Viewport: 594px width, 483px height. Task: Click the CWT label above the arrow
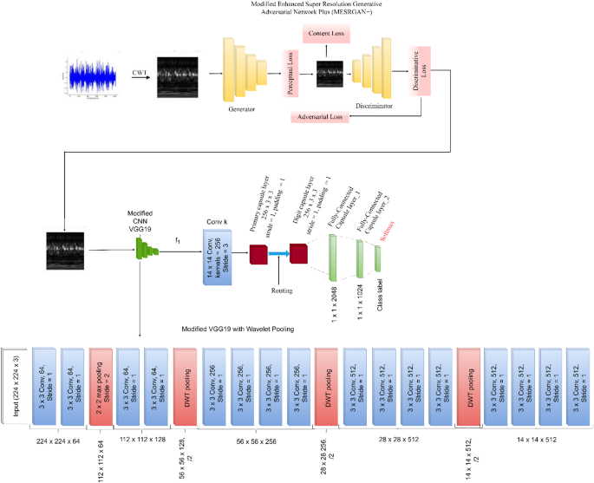pos(138,70)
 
